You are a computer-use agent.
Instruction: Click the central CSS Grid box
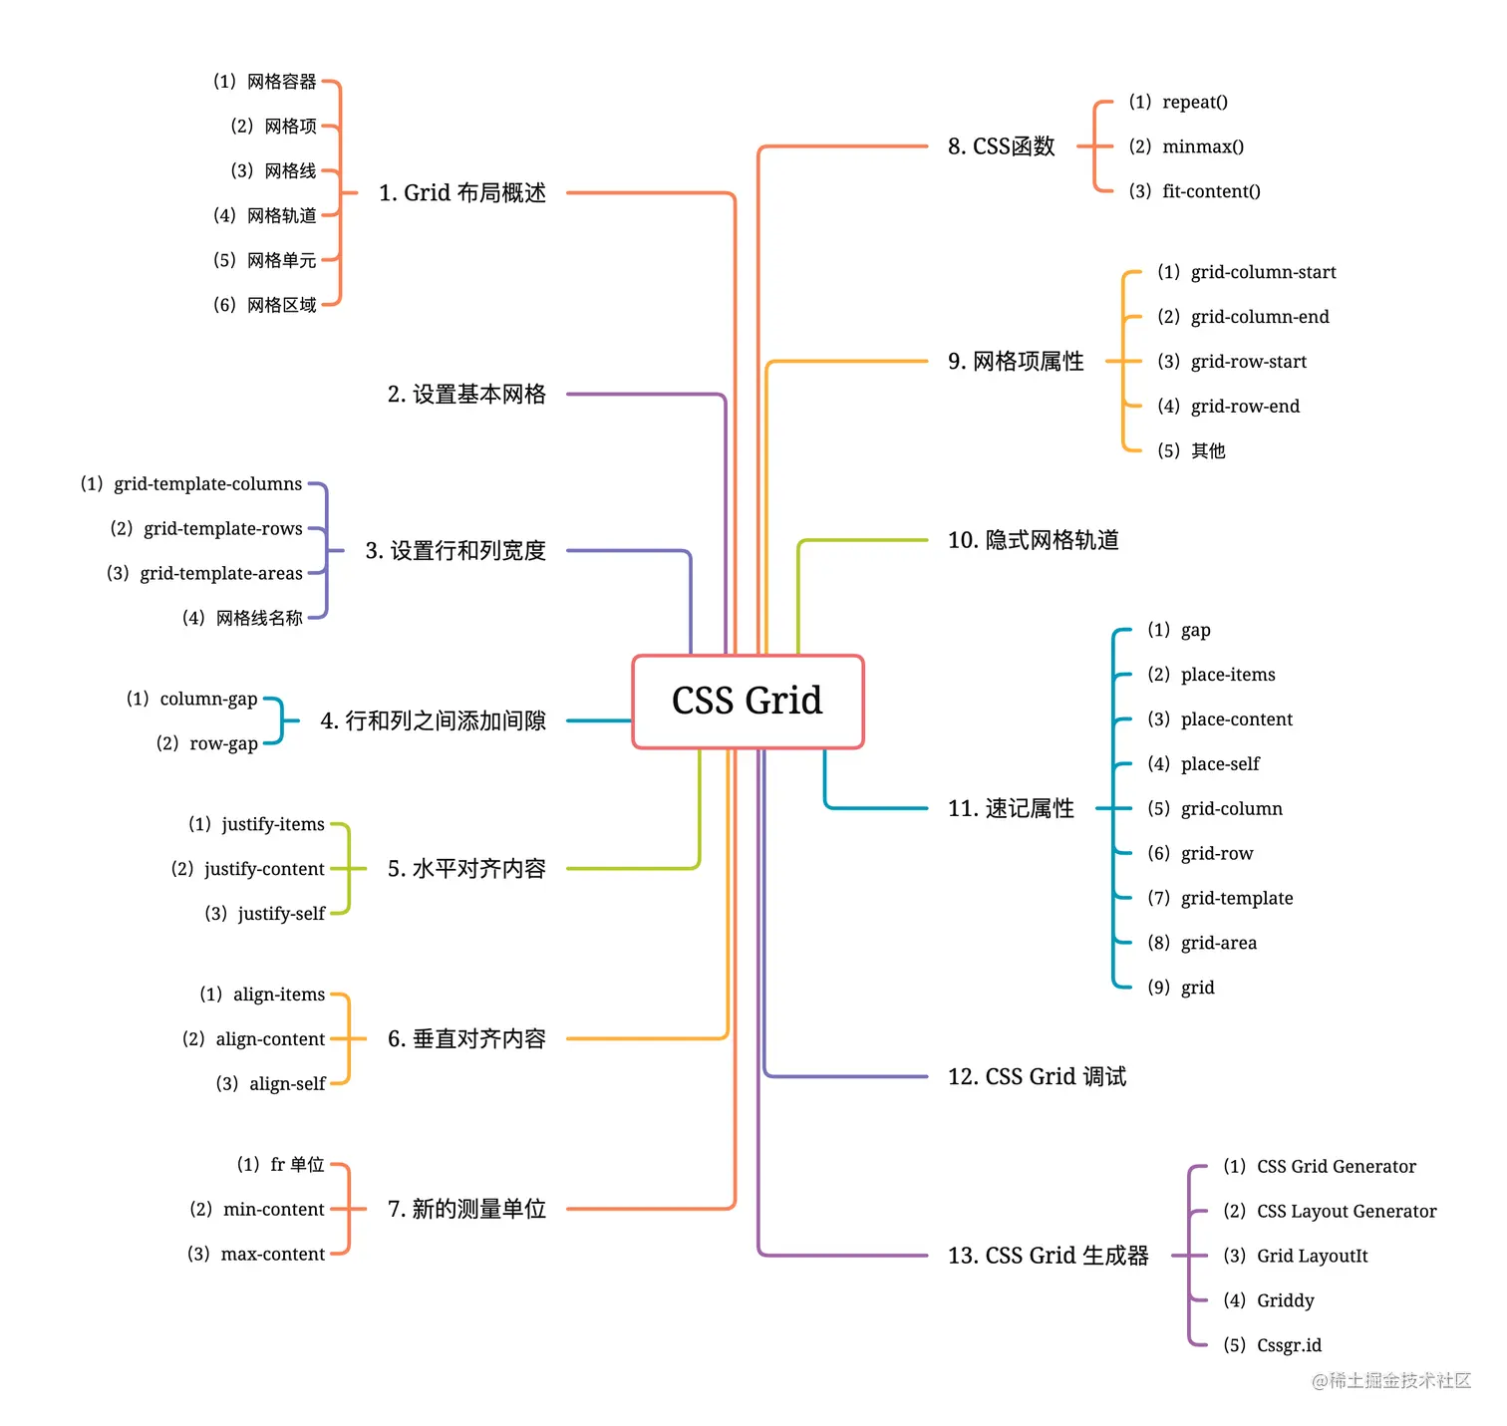tap(748, 701)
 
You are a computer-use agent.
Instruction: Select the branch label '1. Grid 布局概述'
tap(462, 193)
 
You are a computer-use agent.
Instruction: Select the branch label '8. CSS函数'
tap(1001, 147)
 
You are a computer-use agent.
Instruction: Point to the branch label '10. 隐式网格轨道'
tap(1033, 540)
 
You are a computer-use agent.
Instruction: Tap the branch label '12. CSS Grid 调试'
tap(1037, 1077)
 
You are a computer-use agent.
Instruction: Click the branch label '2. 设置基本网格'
tap(466, 395)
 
